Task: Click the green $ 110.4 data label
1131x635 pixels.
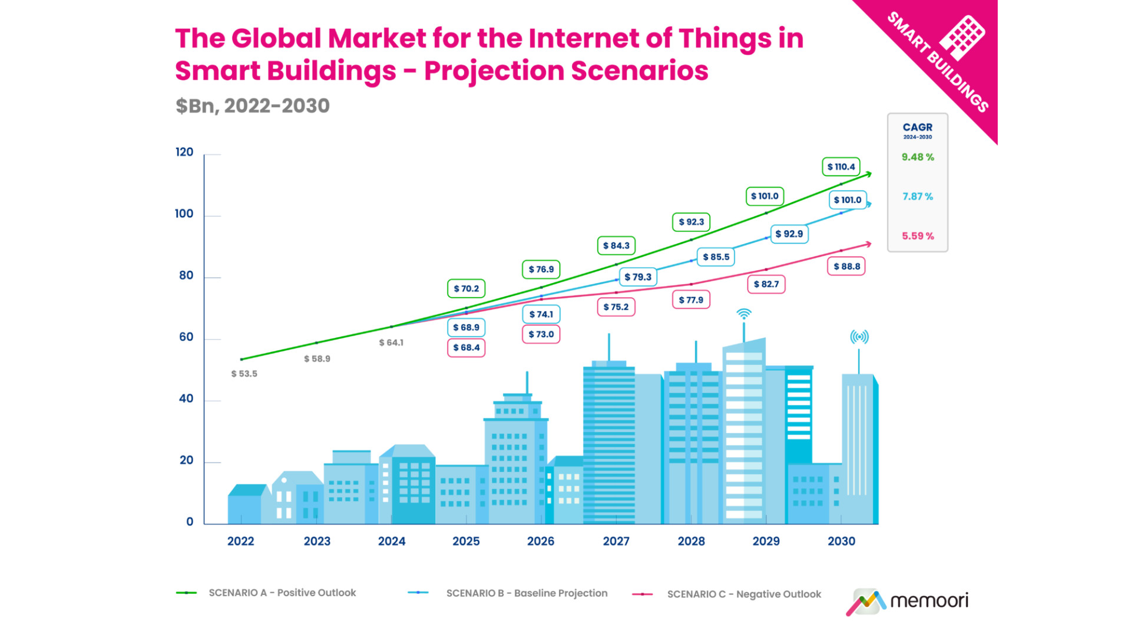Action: coord(841,167)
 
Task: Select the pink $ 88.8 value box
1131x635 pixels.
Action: coord(846,267)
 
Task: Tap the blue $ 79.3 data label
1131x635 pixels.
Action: coord(638,277)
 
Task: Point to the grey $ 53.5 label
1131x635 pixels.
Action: coord(244,374)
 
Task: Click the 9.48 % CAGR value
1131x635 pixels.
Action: coord(917,157)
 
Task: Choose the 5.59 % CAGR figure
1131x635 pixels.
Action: coord(917,236)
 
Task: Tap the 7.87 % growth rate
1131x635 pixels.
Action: coord(917,197)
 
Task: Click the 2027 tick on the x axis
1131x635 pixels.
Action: coord(616,541)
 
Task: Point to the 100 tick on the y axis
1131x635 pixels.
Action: coord(184,214)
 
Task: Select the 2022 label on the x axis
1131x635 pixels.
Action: coord(240,541)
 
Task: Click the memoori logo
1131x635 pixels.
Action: coord(907,601)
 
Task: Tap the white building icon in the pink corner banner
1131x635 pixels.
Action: coord(961,37)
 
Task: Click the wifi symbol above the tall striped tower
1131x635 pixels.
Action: coord(744,314)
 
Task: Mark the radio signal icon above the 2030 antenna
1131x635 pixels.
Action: coord(859,337)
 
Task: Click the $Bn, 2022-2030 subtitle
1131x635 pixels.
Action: coord(252,106)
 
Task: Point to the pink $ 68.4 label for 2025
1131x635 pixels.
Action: coord(466,348)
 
